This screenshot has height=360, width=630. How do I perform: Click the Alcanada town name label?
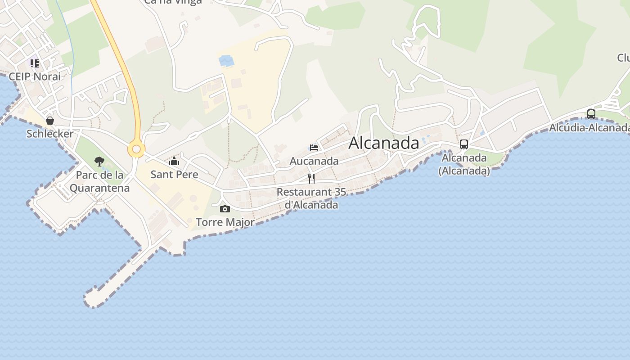pyautogui.click(x=384, y=143)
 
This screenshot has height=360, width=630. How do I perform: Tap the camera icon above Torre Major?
pyautogui.click(x=225, y=209)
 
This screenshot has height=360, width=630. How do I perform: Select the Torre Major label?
pyautogui.click(x=225, y=222)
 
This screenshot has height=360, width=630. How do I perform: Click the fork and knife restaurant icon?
pyautogui.click(x=311, y=178)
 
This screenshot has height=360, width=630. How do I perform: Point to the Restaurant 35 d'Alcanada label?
pyautogui.click(x=311, y=198)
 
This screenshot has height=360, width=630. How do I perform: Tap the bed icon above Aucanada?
pyautogui.click(x=314, y=147)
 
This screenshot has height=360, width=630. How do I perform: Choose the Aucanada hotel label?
pyautogui.click(x=314, y=161)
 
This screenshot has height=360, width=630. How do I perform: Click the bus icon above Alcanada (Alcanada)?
pyautogui.click(x=463, y=144)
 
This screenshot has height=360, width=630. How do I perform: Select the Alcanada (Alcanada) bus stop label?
pyautogui.click(x=464, y=164)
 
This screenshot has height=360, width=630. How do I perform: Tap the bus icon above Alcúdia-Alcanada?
pyautogui.click(x=591, y=114)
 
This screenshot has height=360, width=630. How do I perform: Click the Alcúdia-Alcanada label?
pyautogui.click(x=589, y=128)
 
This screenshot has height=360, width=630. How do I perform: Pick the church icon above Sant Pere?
pyautogui.click(x=174, y=161)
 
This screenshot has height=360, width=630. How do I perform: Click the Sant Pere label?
pyautogui.click(x=174, y=175)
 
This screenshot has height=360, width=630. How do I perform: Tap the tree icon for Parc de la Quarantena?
pyautogui.click(x=99, y=161)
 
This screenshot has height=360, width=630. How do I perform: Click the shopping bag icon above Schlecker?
pyautogui.click(x=50, y=121)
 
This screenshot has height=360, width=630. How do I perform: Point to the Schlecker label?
pyautogui.click(x=50, y=134)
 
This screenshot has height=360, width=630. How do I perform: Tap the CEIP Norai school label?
pyautogui.click(x=35, y=76)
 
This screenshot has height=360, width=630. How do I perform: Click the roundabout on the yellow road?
pyautogui.click(x=136, y=149)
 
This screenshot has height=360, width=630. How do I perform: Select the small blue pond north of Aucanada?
pyautogui.click(x=226, y=60)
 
